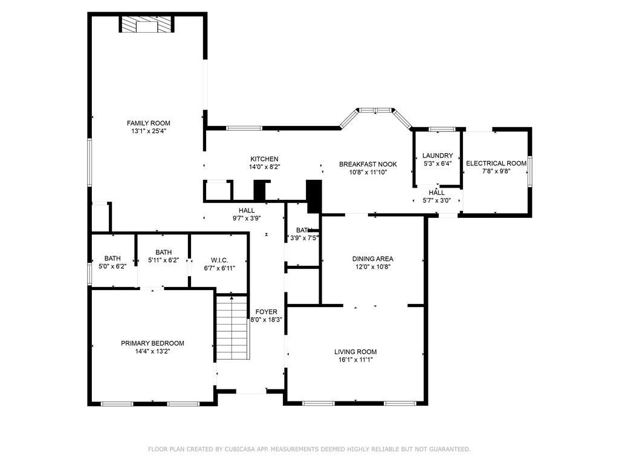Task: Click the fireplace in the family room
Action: tap(147, 24)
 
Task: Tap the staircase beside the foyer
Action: tap(233, 328)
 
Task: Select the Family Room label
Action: tap(149, 123)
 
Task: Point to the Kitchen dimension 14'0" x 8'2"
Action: tap(265, 167)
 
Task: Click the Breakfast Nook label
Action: tap(368, 164)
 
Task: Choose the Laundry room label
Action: tap(438, 156)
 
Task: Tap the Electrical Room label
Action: tap(496, 163)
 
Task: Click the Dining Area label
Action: tap(372, 259)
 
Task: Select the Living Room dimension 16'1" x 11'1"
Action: tap(355, 360)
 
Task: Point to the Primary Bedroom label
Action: tap(152, 343)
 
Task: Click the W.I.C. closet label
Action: tap(219, 260)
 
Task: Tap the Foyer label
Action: tap(266, 312)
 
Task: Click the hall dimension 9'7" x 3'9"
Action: tap(247, 218)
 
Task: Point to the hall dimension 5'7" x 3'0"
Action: tap(436, 200)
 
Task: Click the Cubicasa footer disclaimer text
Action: tap(309, 449)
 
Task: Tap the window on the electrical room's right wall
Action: tap(530, 171)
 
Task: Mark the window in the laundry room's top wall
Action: tap(442, 130)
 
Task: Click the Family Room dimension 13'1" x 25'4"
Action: tap(149, 131)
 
